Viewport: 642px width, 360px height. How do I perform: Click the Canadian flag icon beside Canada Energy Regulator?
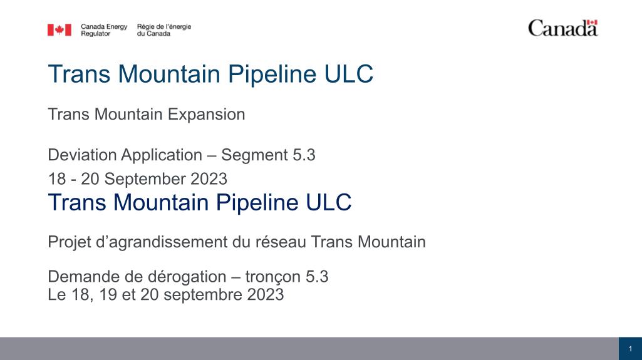coord(60,30)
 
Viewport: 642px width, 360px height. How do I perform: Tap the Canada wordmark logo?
coord(563,28)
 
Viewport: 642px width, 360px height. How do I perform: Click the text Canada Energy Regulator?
coord(104,30)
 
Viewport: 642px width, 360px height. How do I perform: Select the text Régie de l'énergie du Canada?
coord(163,30)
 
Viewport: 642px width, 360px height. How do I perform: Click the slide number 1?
coord(631,349)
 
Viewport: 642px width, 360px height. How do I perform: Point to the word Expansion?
coord(206,114)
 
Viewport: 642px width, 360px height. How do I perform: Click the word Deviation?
coord(82,155)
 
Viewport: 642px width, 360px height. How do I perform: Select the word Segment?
coord(254,155)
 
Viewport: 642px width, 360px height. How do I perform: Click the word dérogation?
coord(187,277)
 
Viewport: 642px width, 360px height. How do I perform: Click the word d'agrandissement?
coord(162,242)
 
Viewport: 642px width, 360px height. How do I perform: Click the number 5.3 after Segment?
coord(304,155)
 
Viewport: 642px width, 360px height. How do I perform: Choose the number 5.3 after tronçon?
coord(317,277)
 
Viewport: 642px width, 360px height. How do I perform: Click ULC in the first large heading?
coord(349,74)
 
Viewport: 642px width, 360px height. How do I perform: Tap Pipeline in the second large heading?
coord(258,202)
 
